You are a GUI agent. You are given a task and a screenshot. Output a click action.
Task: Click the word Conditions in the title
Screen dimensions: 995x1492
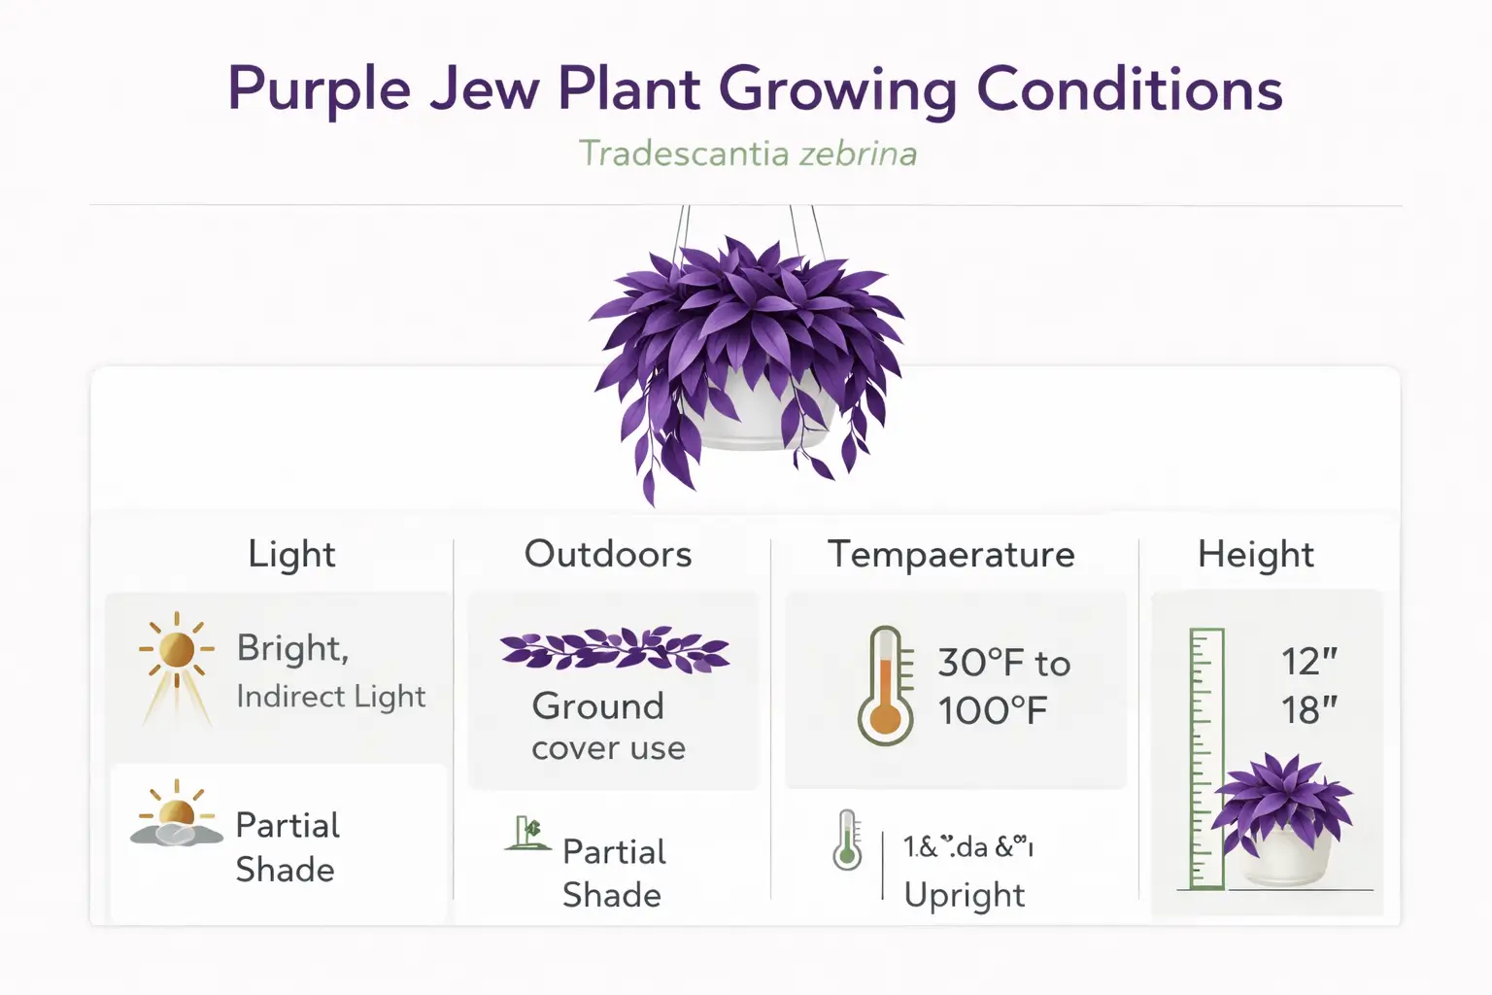coord(1129,89)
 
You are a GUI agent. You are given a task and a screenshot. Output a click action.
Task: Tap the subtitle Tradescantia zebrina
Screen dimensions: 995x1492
coord(747,154)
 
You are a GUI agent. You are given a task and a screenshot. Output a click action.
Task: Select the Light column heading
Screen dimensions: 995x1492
coord(291,554)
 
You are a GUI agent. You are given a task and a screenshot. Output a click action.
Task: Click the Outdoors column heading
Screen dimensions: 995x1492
coord(608,554)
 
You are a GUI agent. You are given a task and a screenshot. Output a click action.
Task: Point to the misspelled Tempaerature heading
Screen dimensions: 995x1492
coord(951,554)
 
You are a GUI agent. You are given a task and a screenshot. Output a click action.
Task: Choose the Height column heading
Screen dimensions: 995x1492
coord(1255,554)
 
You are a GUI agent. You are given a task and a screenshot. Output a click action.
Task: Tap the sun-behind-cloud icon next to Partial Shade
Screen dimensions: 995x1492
coord(176,816)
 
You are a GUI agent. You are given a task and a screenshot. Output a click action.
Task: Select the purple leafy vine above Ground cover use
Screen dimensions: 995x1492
coord(615,649)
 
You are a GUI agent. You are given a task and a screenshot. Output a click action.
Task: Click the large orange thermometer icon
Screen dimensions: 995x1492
coord(885,686)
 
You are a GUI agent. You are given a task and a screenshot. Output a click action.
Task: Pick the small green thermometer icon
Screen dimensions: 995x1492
coord(847,841)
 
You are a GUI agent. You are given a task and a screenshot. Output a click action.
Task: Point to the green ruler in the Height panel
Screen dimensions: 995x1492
coord(1206,758)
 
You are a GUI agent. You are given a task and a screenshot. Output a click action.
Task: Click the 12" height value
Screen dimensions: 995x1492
coord(1308,662)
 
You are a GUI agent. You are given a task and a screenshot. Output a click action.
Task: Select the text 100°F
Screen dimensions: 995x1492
coord(992,711)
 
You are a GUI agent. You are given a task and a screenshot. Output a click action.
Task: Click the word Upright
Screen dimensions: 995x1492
coord(964,895)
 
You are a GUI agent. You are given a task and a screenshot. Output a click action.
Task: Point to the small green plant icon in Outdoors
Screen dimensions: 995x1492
coord(527,834)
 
